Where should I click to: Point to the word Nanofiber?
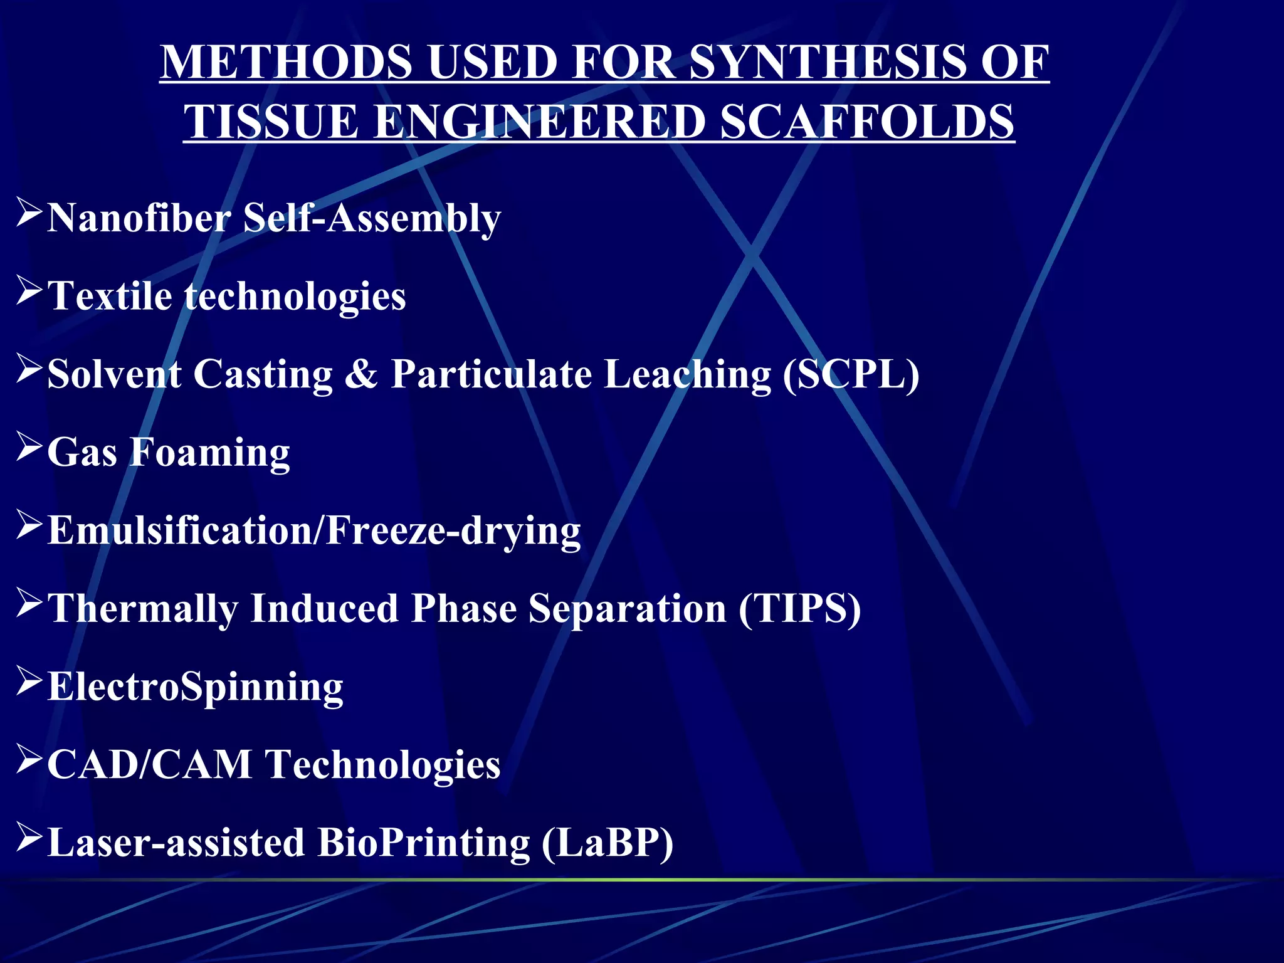[139, 218]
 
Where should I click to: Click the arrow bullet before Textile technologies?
[29, 291]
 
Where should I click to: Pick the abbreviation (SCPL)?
[851, 374]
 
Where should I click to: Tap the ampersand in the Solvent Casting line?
[362, 374]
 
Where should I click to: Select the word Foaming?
[209, 453]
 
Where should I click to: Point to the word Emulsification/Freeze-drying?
[314, 531]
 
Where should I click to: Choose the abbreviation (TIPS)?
[799, 609]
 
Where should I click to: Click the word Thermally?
[143, 609]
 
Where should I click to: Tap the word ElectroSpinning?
[196, 687]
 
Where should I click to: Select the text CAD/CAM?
[149, 765]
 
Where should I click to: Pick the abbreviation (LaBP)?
[607, 843]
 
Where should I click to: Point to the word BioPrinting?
[424, 843]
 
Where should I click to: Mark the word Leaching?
[687, 374]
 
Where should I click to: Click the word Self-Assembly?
[372, 218]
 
